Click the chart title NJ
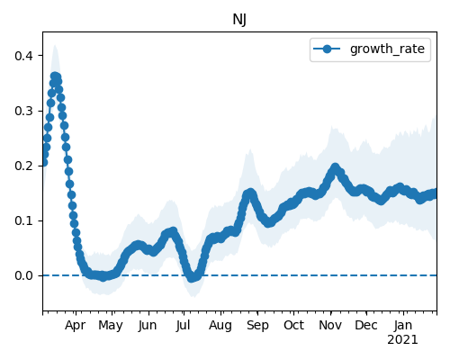[x=239, y=20]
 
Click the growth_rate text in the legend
[x=387, y=49]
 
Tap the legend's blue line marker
[x=327, y=49]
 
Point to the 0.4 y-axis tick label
[x=24, y=56]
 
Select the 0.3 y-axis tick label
[x=24, y=111]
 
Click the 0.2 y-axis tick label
[x=24, y=166]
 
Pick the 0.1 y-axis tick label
[x=24, y=220]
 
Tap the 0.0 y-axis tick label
[x=24, y=275]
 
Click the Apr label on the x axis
[x=76, y=326]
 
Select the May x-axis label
[x=111, y=326]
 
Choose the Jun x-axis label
[x=148, y=326]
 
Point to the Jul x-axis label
[x=183, y=326]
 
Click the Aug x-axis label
[x=220, y=326]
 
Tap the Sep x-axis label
[x=257, y=326]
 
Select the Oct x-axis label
[x=294, y=325]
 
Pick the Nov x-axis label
[x=330, y=325]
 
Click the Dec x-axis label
[x=366, y=325]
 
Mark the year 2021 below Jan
[x=402, y=340]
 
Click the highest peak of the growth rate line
[x=55, y=76]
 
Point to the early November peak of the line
[x=335, y=167]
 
